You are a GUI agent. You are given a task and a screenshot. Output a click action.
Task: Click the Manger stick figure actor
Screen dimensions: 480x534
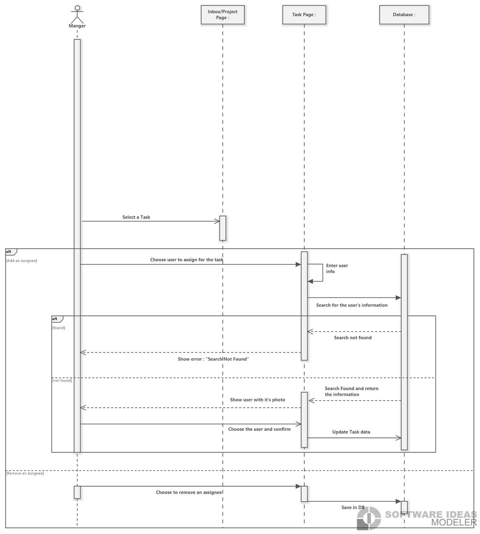77,14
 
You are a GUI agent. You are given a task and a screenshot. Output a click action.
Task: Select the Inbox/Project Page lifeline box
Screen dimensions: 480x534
223,15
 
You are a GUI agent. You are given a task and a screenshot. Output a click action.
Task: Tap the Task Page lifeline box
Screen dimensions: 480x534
304,15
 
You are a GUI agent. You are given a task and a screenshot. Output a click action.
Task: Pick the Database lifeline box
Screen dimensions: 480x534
404,15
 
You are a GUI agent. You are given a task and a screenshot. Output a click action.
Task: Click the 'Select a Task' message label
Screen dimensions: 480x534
136,217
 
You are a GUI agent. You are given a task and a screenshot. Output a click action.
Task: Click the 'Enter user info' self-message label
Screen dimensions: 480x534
337,268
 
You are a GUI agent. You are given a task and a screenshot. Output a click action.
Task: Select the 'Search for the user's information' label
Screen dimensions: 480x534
352,305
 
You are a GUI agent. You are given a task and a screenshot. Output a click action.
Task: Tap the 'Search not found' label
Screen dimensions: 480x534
353,337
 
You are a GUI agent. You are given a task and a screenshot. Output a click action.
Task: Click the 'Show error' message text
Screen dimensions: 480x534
213,359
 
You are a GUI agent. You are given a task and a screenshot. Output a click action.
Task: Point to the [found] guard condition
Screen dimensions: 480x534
59,328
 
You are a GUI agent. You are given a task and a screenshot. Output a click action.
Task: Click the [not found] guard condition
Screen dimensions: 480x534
62,381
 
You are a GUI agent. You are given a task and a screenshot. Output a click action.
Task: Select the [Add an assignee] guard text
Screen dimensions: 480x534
22,260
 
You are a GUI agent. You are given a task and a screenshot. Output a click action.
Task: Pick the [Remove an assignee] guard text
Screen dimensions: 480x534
25,473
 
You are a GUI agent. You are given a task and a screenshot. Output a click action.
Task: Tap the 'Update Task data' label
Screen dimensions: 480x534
351,432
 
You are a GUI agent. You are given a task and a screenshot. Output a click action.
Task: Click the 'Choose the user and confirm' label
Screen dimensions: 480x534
259,429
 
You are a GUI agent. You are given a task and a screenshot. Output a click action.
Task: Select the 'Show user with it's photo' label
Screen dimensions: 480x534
257,399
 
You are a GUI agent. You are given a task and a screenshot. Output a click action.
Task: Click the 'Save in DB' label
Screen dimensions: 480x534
353,507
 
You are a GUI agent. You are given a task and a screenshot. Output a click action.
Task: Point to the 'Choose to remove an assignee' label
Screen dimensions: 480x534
189,492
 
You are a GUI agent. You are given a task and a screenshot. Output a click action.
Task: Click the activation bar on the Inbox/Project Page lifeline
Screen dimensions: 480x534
223,228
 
